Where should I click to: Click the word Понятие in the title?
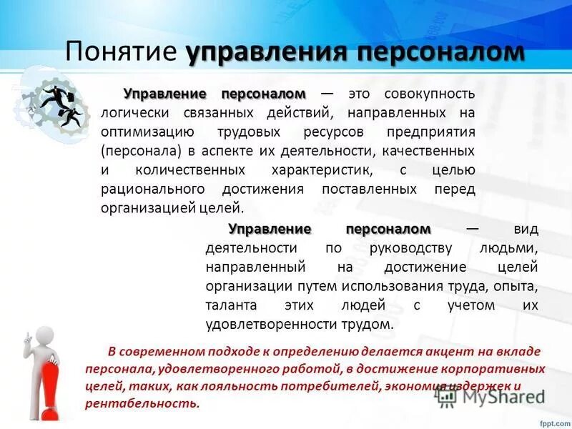point(121,52)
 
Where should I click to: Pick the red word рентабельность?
point(141,403)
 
